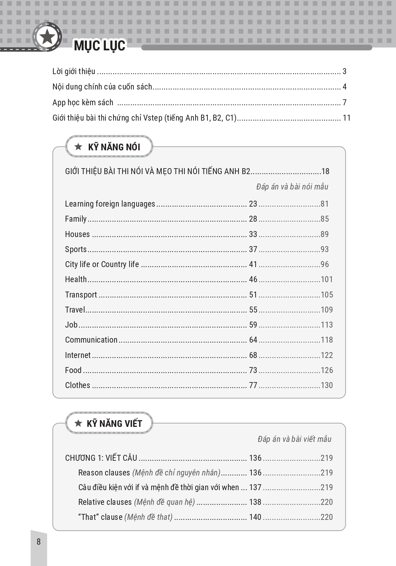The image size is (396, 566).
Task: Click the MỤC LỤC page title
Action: point(100,46)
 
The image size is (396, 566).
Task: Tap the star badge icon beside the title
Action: point(47,36)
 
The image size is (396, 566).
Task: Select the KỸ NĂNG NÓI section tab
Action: point(109,147)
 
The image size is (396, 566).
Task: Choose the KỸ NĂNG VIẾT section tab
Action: point(109,424)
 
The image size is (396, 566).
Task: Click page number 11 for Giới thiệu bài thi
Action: point(346,118)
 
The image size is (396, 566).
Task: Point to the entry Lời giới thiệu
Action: point(74,72)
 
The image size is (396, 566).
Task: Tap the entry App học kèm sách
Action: point(83,102)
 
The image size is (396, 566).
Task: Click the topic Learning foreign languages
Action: point(110,204)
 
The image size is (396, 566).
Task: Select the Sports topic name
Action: point(76,249)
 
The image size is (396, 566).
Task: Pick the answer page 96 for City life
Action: point(325,264)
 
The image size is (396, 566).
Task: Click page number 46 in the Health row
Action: point(253,279)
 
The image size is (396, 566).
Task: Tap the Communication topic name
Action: point(91,340)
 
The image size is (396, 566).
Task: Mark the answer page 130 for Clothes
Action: point(327,385)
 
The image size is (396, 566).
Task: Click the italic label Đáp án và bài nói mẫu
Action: point(292,187)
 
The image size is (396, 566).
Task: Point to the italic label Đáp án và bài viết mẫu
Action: point(294,439)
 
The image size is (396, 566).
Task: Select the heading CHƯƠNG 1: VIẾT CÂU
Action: point(101,458)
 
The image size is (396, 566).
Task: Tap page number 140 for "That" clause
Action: point(255,517)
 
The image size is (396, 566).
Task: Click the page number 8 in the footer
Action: point(39,542)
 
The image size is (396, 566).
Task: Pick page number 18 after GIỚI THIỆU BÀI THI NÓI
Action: point(325,171)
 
